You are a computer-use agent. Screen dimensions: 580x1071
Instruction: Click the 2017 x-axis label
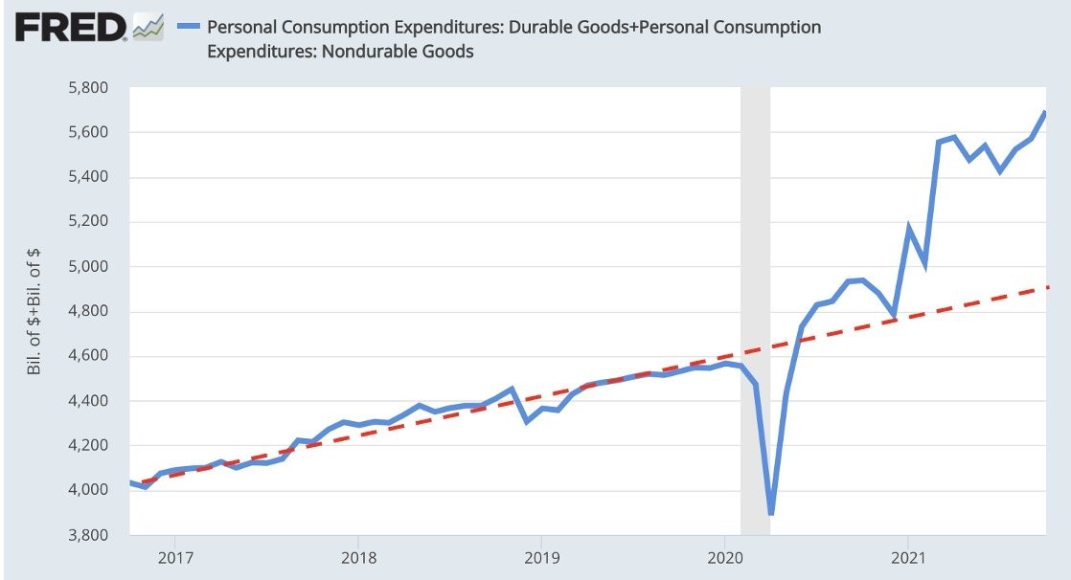(174, 556)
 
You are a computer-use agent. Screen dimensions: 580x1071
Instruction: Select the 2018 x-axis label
(357, 556)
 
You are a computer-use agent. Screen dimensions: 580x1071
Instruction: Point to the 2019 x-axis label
(541, 556)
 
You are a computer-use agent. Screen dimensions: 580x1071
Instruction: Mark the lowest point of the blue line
(770, 514)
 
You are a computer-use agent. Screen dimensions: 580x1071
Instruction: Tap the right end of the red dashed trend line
(1049, 287)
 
